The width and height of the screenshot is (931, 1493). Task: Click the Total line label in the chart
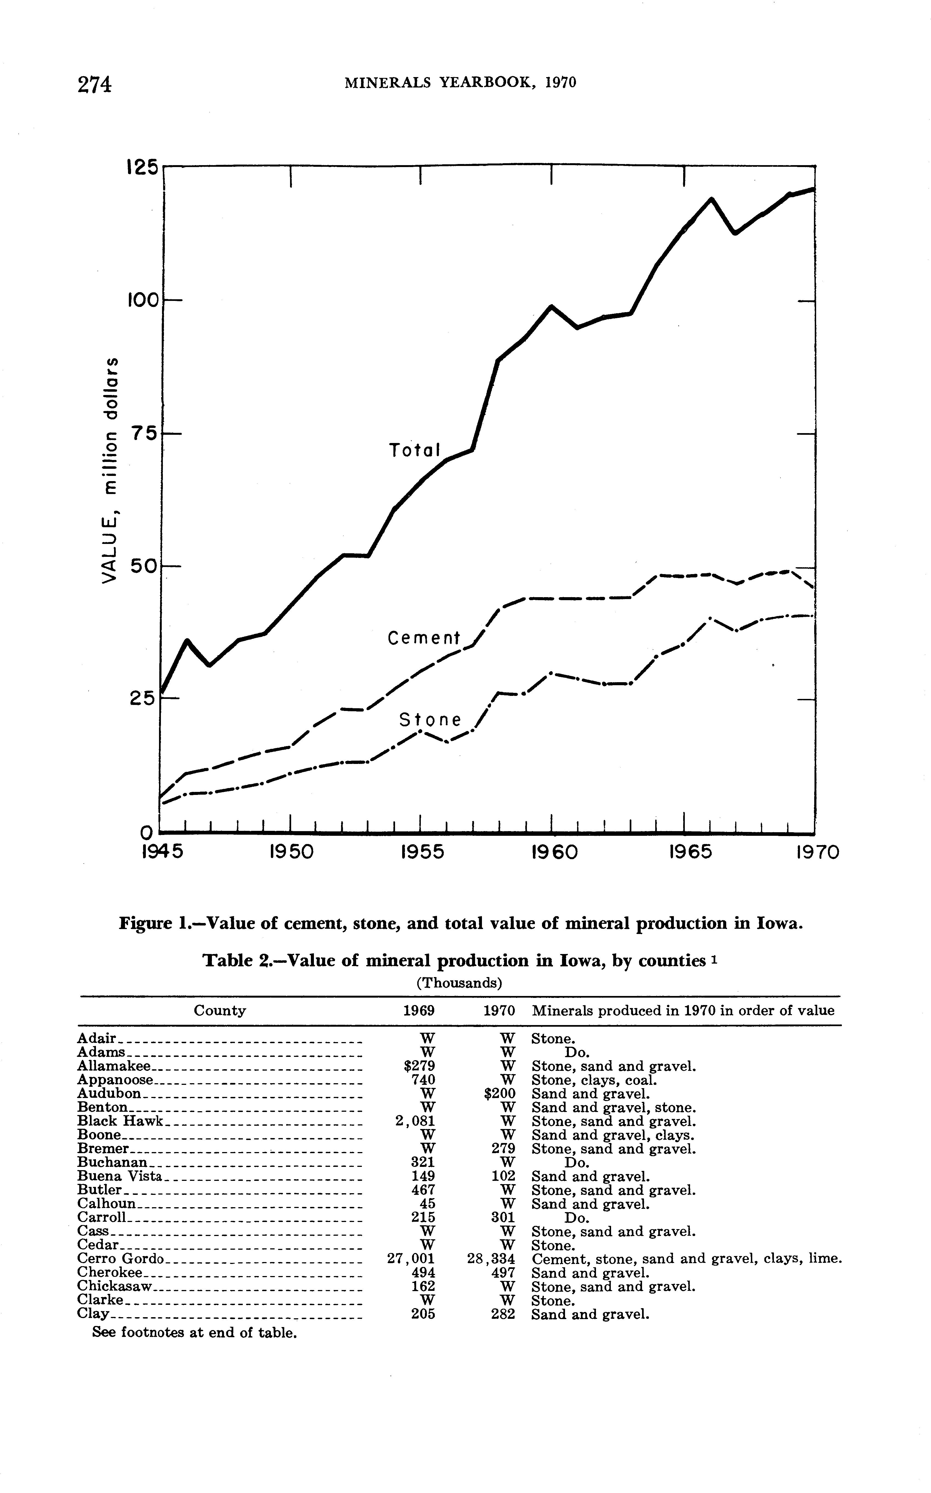[x=415, y=450]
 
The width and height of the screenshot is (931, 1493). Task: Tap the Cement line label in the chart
[x=424, y=638]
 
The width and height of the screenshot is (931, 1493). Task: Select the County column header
[x=220, y=1011]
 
